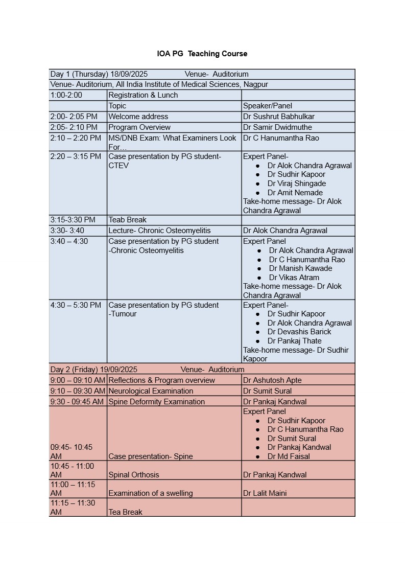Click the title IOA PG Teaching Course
(x=202, y=54)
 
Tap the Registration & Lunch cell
(x=143, y=95)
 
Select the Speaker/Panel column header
(x=268, y=106)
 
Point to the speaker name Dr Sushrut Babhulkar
(x=279, y=117)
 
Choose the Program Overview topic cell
(x=139, y=127)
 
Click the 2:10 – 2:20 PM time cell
(x=76, y=138)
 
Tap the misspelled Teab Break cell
(x=127, y=220)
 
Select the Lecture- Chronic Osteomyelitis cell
(x=159, y=231)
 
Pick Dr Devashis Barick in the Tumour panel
(x=299, y=332)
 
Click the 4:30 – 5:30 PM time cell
(x=76, y=305)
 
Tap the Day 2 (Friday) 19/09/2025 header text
(x=94, y=369)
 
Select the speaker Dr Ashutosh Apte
(x=272, y=380)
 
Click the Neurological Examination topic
(x=144, y=391)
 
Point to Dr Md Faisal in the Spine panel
(x=289, y=456)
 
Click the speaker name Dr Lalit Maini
(x=265, y=493)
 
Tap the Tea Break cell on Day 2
(x=125, y=512)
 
